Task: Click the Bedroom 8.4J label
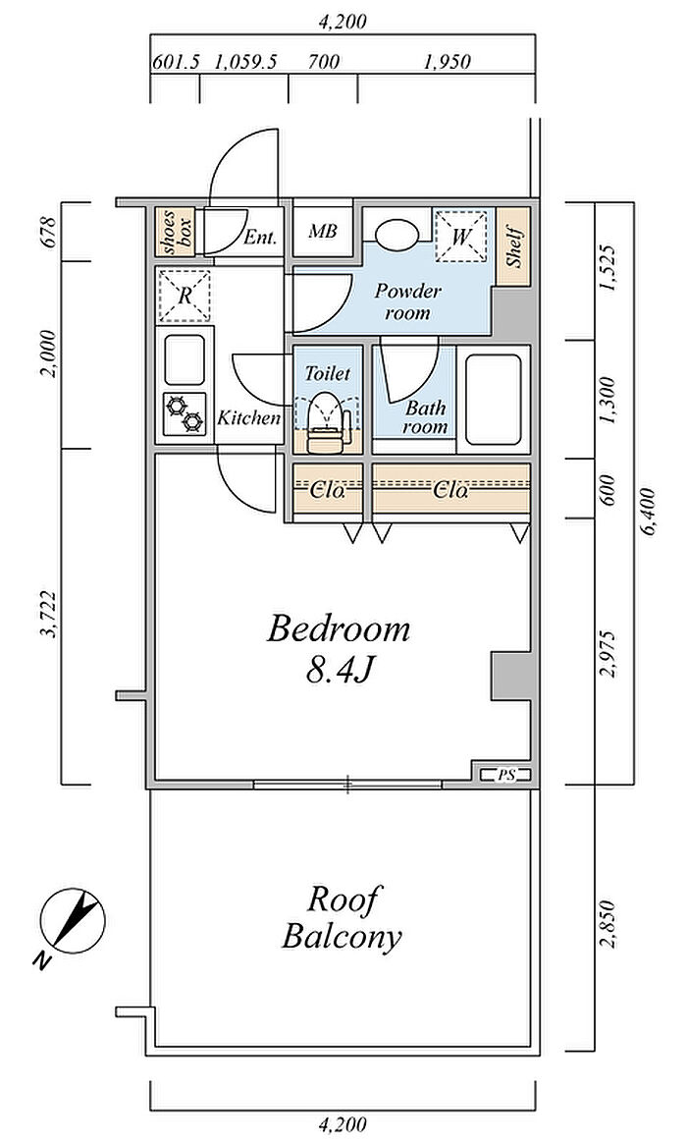[x=339, y=649]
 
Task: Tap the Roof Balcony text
[x=343, y=917]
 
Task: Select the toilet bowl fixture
[x=327, y=421]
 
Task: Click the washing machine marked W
[x=460, y=236]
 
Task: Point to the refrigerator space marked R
[x=185, y=296]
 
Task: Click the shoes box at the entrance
[x=176, y=232]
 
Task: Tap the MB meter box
[x=322, y=232]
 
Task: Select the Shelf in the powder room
[x=514, y=246]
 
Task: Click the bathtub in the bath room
[x=494, y=400]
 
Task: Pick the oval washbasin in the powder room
[x=397, y=233]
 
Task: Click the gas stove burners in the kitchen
[x=185, y=413]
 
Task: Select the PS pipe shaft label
[x=505, y=775]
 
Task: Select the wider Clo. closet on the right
[x=450, y=488]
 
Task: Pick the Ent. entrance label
[x=260, y=238]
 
